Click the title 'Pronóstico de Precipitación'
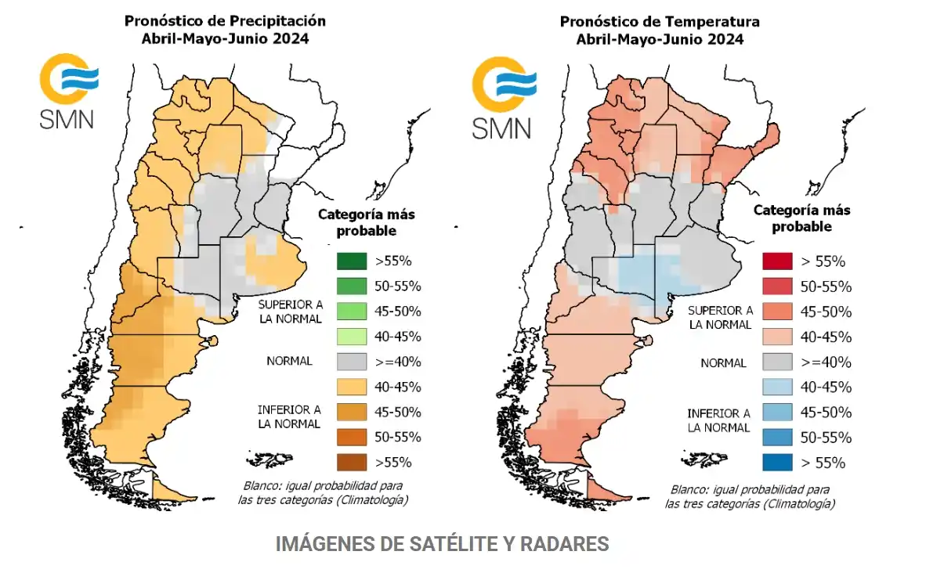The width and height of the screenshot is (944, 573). (x=225, y=20)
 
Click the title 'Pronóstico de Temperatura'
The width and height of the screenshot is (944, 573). (x=660, y=21)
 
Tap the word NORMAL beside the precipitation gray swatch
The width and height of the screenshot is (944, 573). (x=288, y=362)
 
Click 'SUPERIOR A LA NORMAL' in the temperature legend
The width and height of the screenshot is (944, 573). (x=720, y=317)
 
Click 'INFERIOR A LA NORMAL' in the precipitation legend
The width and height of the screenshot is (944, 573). (x=289, y=416)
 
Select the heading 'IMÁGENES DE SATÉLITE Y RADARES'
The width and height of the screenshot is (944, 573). (x=442, y=544)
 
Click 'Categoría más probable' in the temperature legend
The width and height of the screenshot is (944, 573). (x=801, y=218)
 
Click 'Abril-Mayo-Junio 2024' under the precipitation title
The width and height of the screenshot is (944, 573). (x=225, y=38)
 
